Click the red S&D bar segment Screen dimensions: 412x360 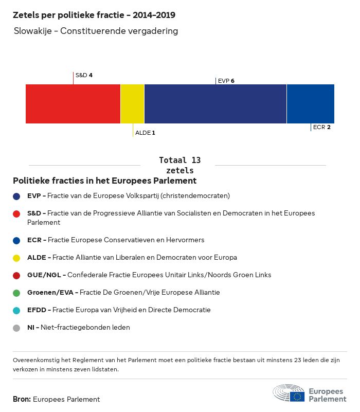(73, 104)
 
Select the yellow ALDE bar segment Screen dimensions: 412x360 (132, 104)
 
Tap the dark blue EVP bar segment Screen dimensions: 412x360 (215, 104)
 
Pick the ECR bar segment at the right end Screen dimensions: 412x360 (310, 104)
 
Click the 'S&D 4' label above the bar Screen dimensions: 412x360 (84, 75)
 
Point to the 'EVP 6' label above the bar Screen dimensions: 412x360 (226, 81)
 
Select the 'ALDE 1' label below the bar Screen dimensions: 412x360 (145, 133)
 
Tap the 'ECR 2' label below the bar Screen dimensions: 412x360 (321, 127)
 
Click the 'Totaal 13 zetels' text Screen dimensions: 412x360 (179, 165)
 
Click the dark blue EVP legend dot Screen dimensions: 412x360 (17, 196)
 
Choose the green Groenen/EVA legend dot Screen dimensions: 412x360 (17, 293)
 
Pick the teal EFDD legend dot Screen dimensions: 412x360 (17, 310)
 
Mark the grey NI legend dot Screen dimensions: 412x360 (17, 328)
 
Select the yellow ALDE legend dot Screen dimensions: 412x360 (17, 258)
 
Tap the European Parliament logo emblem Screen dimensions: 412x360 (289, 393)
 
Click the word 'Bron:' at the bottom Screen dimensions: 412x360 (22, 399)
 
